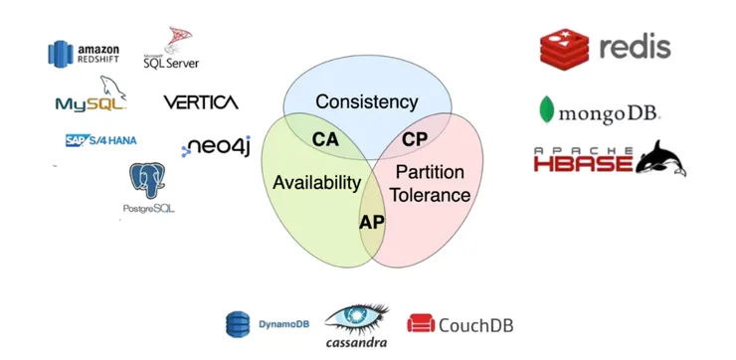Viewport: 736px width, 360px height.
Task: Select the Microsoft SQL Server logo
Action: pos(170,49)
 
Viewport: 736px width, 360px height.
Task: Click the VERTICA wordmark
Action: pos(200,102)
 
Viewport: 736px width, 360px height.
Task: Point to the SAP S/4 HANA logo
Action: pos(101,140)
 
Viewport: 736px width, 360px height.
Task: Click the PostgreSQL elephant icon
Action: pos(147,182)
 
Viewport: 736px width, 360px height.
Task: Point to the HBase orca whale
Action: pos(660,157)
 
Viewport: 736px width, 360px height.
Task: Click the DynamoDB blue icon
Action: pos(237,324)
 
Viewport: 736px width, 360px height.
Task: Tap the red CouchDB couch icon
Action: pos(420,323)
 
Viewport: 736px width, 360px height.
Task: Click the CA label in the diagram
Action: pos(325,139)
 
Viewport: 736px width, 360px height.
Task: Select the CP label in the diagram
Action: pos(415,139)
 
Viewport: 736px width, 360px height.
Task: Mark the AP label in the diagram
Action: pos(370,221)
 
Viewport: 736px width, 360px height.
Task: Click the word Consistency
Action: pos(367,101)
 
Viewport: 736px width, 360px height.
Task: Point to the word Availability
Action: pos(316,183)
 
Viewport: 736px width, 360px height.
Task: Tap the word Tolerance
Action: pos(430,195)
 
